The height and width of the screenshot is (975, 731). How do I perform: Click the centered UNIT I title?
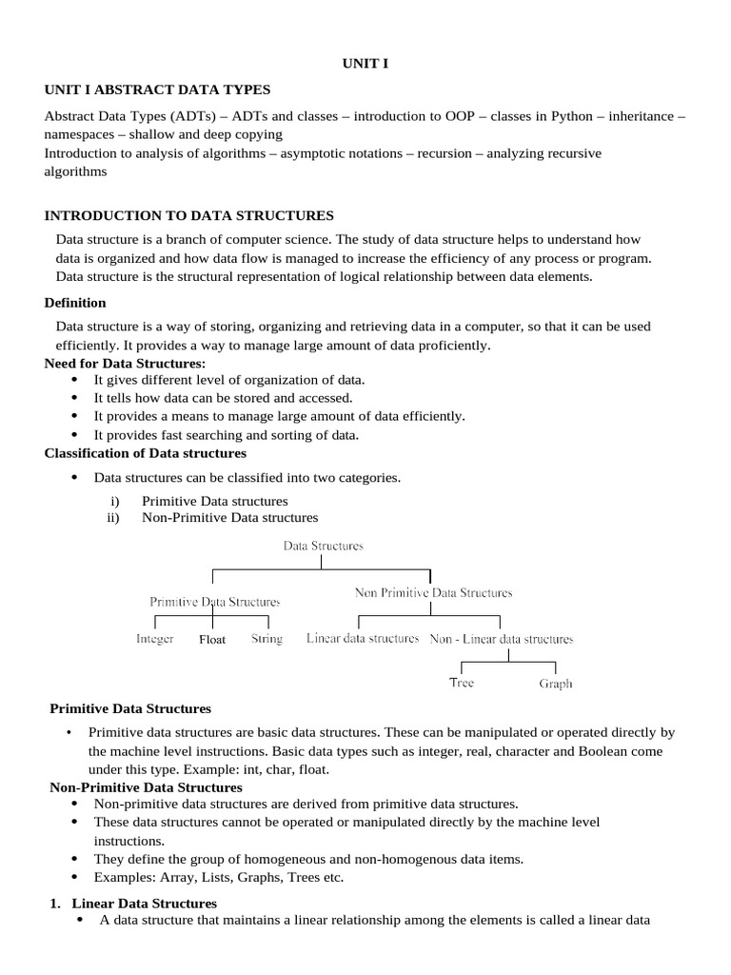[365, 64]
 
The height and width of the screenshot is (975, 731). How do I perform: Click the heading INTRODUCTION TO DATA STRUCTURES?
[189, 216]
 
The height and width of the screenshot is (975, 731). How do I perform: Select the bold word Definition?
[75, 303]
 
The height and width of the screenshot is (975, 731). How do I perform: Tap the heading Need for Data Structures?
[125, 364]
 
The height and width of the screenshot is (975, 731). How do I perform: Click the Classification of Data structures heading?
[146, 453]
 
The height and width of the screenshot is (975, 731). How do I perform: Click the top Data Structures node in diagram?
[323, 547]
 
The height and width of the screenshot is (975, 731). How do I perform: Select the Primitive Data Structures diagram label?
[214, 602]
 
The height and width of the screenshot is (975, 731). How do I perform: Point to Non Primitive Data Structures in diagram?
[433, 592]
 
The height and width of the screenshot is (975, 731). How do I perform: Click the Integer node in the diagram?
[155, 639]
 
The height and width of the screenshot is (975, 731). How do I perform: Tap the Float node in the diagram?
[212, 640]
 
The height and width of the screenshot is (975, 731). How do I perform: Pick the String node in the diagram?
[267, 639]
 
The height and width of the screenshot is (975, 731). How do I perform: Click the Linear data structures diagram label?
[363, 638]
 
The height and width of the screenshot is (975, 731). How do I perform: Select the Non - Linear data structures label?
[502, 639]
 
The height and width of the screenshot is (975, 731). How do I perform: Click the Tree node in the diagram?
[462, 683]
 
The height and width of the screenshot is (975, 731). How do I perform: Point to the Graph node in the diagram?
[556, 684]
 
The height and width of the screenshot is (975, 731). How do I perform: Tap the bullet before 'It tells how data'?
[75, 398]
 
